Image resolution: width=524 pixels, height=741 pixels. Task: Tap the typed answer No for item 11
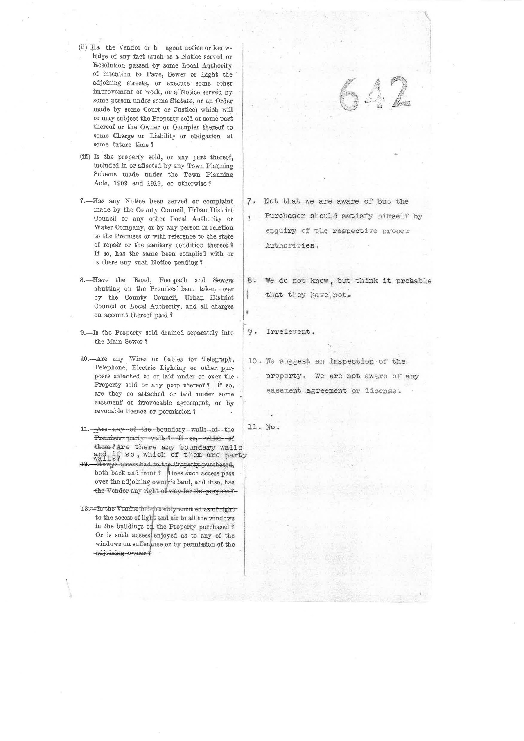271,427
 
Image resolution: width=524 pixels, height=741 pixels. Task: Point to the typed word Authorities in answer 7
290,246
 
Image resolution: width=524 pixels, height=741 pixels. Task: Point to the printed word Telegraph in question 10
218,359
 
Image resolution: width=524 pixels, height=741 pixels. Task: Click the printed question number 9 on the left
82,333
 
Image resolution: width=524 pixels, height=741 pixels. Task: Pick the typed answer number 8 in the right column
251,281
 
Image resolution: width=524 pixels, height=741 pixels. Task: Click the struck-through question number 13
85,509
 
